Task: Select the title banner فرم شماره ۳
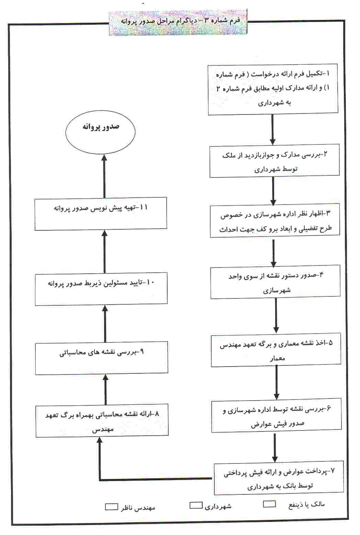(178, 23)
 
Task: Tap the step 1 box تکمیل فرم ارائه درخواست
(273, 89)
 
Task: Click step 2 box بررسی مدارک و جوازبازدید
(274, 161)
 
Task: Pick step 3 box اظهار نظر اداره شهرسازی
(274, 221)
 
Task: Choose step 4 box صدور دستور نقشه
(275, 281)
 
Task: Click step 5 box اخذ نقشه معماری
(276, 349)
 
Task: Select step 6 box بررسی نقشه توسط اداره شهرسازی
(276, 415)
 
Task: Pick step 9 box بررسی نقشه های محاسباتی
(101, 358)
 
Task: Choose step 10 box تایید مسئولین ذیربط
(101, 289)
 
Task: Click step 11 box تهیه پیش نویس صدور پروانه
(101, 214)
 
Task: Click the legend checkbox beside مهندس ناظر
(111, 507)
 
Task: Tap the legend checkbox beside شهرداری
(196, 505)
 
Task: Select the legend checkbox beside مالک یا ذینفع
(269, 504)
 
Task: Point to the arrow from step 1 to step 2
(273, 129)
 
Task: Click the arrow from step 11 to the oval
(104, 175)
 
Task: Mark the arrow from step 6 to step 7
(275, 447)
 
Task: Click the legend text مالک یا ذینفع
(306, 504)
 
